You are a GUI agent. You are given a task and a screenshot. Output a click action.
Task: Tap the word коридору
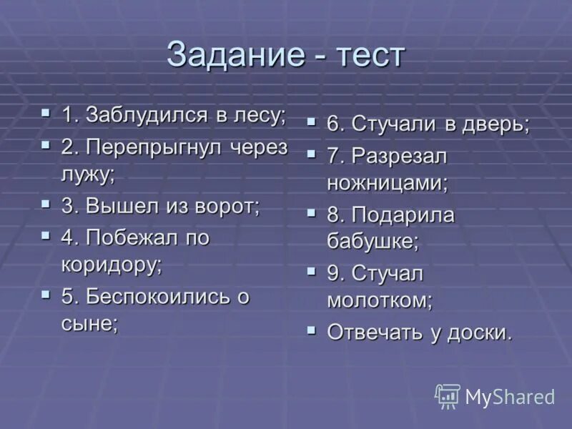(112, 264)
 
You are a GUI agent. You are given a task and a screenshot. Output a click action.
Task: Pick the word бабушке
(373, 242)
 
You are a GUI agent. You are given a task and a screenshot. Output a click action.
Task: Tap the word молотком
(380, 300)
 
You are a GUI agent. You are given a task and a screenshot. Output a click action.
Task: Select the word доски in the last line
(480, 332)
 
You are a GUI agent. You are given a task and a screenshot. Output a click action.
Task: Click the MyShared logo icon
(448, 395)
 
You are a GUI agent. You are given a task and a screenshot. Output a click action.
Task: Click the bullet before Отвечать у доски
(312, 330)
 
